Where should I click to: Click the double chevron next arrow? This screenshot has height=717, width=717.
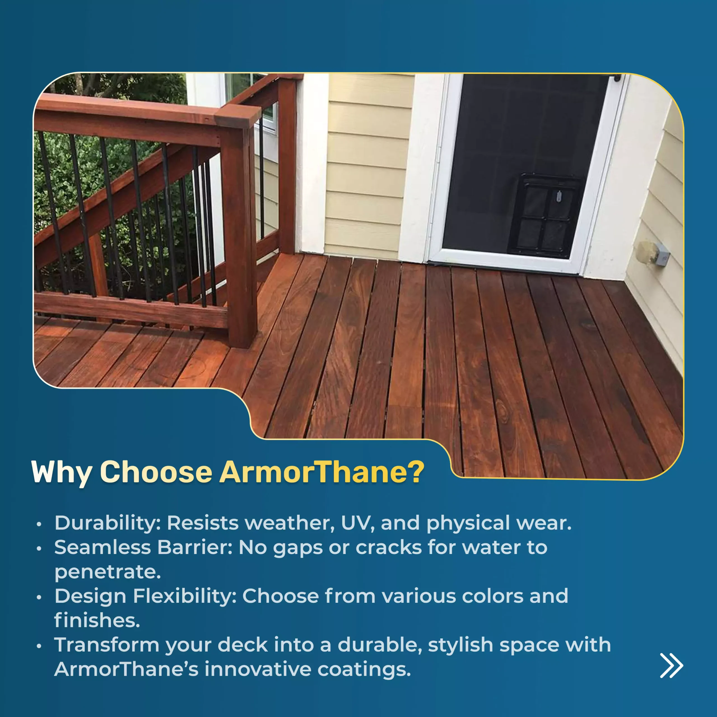671,665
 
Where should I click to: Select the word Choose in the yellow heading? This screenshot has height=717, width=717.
156,472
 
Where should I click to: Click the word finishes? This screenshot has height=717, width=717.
97,620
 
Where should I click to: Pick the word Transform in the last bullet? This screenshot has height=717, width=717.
107,645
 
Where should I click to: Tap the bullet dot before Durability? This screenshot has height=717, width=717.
39,524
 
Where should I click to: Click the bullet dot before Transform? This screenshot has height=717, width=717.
39,646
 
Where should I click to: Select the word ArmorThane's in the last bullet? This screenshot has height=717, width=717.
127,669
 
